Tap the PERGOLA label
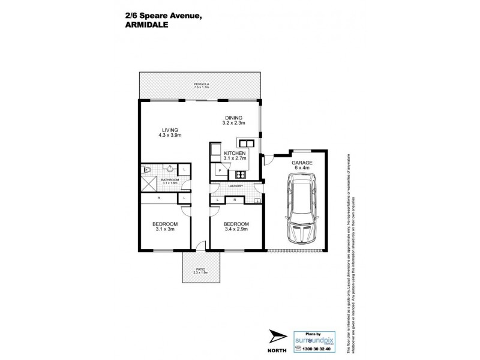[200, 83]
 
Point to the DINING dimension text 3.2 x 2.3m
[233, 123]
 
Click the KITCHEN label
[235, 154]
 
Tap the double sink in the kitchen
[245, 142]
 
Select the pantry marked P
[220, 171]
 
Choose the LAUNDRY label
[235, 187]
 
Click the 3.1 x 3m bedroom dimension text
[166, 229]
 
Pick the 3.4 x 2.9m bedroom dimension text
[236, 229]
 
